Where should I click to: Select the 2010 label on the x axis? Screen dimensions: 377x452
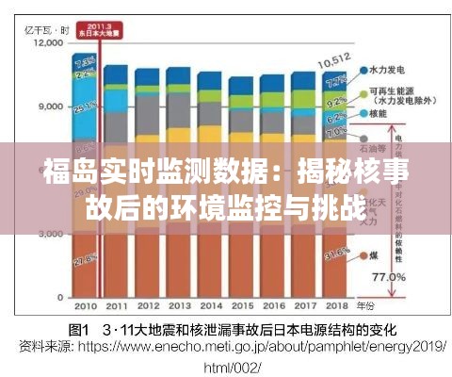click(x=86, y=306)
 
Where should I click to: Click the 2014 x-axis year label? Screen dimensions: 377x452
click(x=210, y=306)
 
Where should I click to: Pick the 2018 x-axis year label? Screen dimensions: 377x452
click(x=334, y=306)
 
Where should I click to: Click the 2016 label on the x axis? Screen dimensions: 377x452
click(x=272, y=306)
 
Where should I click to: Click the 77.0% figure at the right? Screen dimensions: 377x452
click(x=390, y=278)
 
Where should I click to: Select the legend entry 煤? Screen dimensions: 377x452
click(x=375, y=254)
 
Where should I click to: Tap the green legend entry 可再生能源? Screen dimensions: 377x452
click(x=395, y=91)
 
